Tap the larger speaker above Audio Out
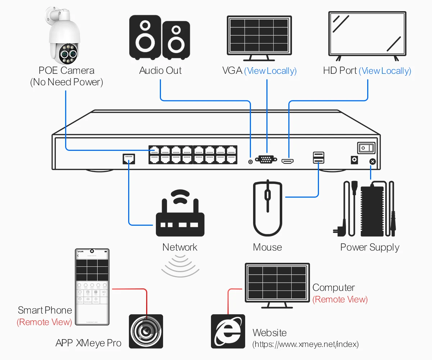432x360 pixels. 145,37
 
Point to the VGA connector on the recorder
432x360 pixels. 266,159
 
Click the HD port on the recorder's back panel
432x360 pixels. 288,162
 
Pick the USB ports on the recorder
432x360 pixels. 319,158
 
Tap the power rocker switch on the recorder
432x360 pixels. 366,148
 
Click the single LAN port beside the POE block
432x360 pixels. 129,159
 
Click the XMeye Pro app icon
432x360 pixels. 146,331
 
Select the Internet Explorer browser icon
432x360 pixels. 228,331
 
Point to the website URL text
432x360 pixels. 306,345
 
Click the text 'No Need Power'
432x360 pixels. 67,82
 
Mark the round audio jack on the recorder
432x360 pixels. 251,162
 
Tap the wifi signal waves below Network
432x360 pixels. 180,266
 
